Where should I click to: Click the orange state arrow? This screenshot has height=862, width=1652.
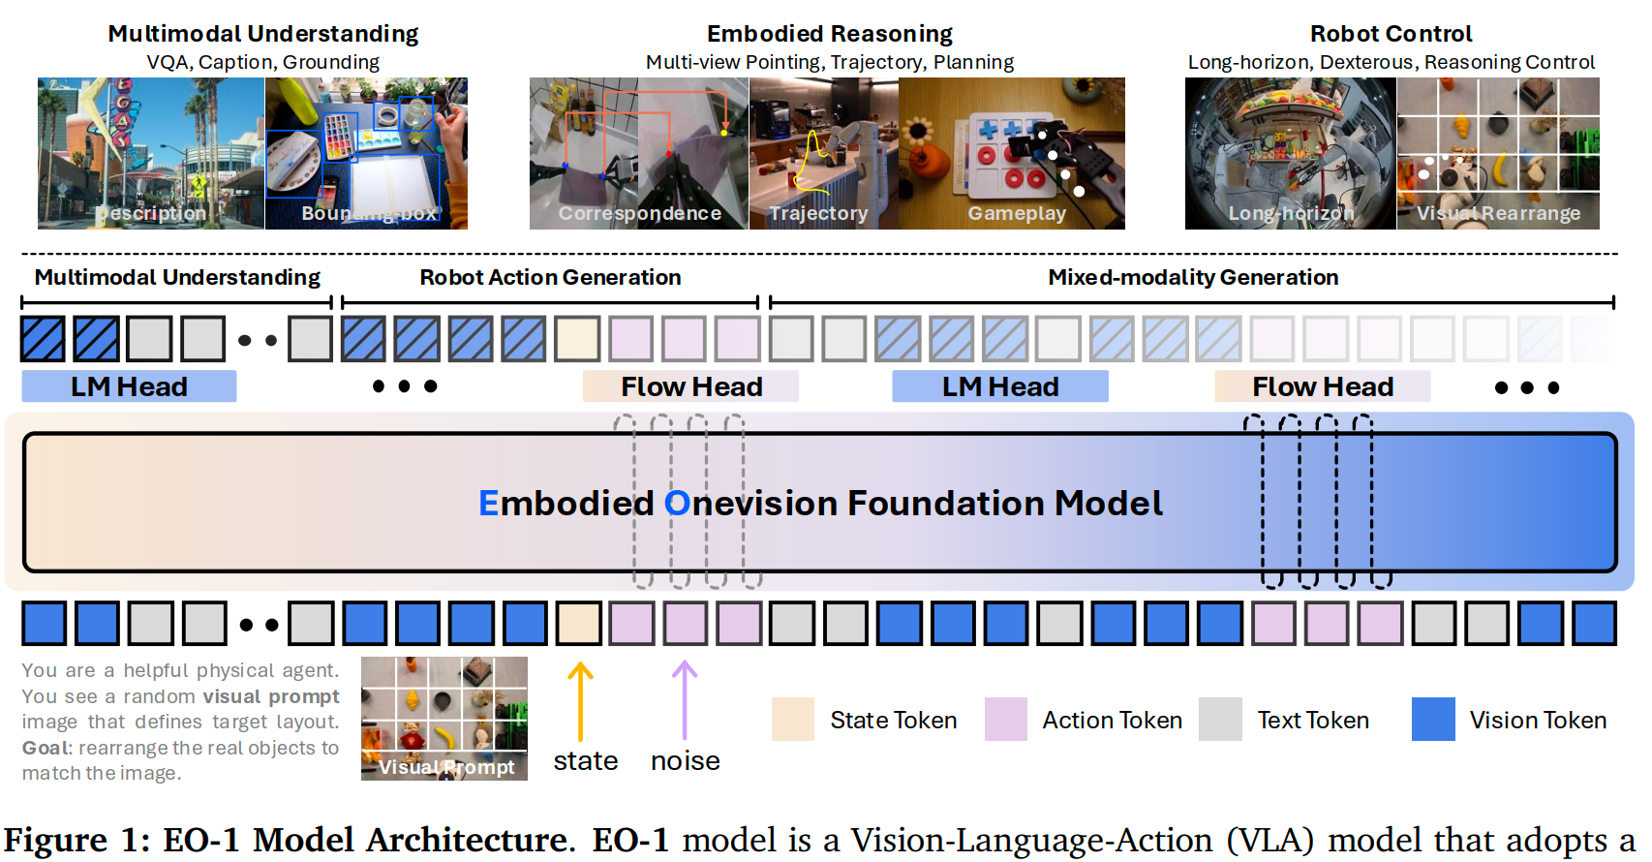(580, 701)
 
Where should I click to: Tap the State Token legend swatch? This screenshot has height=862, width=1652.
(792, 720)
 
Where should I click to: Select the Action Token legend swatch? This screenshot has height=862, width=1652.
(1005, 720)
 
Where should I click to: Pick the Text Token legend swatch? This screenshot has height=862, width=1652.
(1220, 720)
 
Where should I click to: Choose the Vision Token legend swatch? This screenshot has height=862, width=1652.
(1433, 720)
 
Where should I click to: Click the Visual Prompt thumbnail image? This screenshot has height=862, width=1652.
(444, 718)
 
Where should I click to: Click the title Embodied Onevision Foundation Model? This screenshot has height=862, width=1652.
(820, 503)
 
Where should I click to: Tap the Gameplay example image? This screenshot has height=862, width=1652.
(1011, 153)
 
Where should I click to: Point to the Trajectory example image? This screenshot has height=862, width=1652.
(823, 153)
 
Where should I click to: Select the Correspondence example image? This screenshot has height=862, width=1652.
(638, 153)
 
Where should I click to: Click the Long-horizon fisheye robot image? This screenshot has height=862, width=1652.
(1290, 153)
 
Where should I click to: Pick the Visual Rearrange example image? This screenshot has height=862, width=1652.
(1498, 153)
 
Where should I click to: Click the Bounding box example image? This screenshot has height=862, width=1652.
(366, 153)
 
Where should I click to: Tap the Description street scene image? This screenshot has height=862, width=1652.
(150, 153)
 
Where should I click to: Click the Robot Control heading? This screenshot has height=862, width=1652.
(1391, 34)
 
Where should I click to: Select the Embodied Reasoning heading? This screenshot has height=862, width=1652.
(830, 34)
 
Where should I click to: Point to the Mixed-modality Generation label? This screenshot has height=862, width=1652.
(1193, 278)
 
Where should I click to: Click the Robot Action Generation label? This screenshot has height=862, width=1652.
(550, 278)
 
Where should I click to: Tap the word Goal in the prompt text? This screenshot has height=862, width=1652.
(45, 748)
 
